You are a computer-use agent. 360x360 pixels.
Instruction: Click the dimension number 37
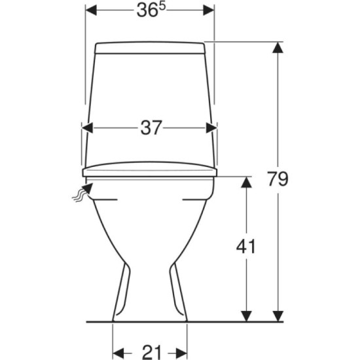[151, 128]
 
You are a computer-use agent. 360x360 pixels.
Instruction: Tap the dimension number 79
[278, 179]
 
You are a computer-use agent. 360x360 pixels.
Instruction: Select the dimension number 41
[246, 246]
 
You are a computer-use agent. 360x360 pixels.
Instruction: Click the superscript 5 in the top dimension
[162, 7]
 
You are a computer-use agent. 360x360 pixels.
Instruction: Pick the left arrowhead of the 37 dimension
[88, 128]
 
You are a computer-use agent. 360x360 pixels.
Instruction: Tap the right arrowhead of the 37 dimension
[211, 128]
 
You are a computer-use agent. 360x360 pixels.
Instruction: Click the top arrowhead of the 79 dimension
[278, 48]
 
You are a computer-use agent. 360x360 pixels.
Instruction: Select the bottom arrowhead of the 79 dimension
[278, 316]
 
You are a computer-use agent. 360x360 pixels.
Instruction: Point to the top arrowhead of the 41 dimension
[246, 183]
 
